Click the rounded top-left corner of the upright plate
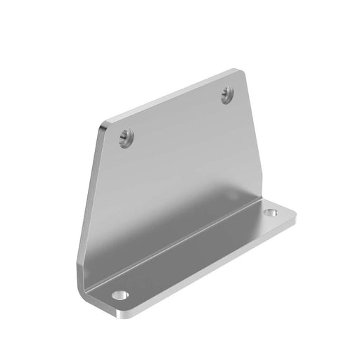[104, 127]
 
